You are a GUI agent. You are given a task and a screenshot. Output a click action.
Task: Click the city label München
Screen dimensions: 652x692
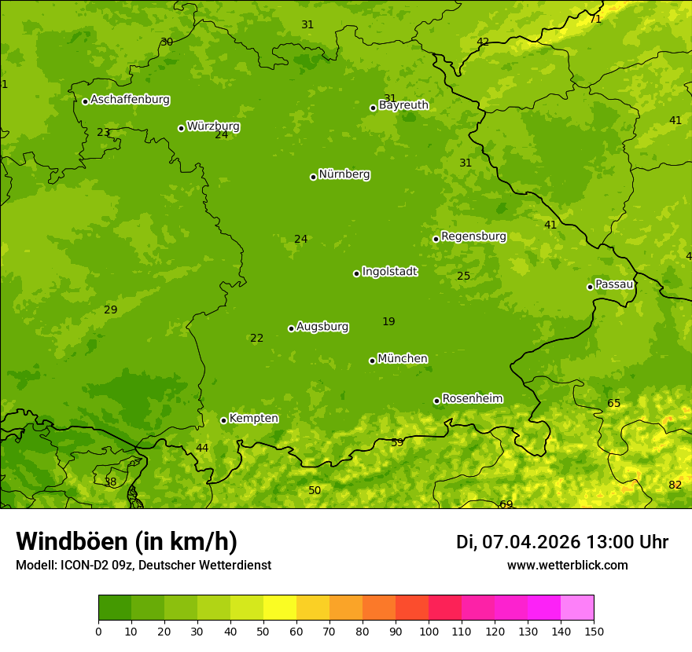403,359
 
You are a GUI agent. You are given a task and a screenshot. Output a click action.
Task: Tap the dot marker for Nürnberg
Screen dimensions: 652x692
313,177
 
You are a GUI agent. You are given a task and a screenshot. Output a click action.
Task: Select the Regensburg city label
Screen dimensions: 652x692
473,236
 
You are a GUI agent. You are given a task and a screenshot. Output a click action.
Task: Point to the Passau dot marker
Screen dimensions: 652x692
590,287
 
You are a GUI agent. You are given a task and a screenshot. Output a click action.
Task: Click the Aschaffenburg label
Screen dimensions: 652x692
130,100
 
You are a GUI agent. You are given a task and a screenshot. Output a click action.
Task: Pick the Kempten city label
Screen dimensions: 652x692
253,419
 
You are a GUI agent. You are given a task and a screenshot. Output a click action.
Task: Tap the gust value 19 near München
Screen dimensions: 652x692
388,321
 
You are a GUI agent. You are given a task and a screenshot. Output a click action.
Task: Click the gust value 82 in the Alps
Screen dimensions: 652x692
675,485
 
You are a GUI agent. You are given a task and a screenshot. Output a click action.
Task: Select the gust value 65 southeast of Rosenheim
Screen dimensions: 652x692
613,403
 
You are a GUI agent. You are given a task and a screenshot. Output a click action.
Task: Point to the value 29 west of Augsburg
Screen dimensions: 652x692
111,310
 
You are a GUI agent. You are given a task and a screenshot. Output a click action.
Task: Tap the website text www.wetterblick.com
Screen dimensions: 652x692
567,565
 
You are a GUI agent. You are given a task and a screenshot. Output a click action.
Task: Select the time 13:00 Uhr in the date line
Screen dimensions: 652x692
628,542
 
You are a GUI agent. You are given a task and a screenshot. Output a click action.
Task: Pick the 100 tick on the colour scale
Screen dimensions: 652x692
429,631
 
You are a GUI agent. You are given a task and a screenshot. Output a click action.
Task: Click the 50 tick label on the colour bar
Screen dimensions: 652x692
263,631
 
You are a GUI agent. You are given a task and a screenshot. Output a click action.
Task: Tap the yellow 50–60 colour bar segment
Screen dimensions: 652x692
280,608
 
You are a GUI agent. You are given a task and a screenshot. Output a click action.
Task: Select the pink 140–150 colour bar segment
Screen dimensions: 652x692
577,608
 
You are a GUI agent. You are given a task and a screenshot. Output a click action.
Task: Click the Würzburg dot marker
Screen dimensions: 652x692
181,128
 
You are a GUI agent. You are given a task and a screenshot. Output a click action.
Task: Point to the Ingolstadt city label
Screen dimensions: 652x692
389,272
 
